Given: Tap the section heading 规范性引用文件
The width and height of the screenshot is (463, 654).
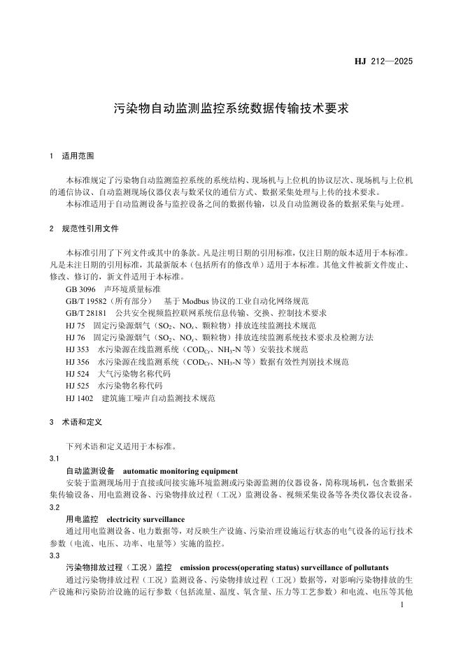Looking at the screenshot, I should coord(90,228).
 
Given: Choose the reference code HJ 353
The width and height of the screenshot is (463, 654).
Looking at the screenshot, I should coord(78,349).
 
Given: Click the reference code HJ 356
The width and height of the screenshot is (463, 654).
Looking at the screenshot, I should coord(78,361).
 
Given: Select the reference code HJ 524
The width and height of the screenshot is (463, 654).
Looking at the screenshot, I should coord(78,374).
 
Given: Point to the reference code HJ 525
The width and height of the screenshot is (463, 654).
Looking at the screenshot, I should coord(78,386).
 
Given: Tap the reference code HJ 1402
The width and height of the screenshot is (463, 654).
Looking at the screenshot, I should coord(80,398).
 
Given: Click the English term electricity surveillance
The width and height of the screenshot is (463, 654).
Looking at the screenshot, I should coord(145,519).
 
